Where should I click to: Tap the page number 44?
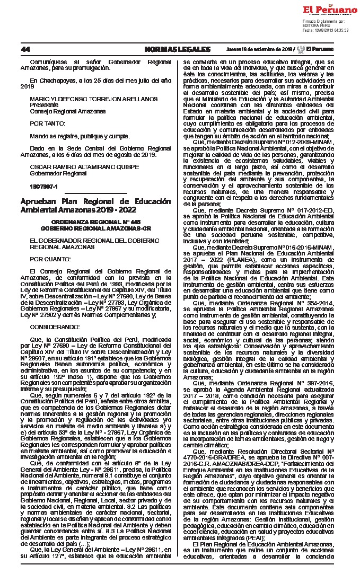(25, 49)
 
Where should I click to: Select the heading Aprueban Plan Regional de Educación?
(95, 201)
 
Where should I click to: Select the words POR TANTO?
(45, 122)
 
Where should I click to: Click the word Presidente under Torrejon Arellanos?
(44, 105)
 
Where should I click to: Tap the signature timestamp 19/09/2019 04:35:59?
(331, 30)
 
